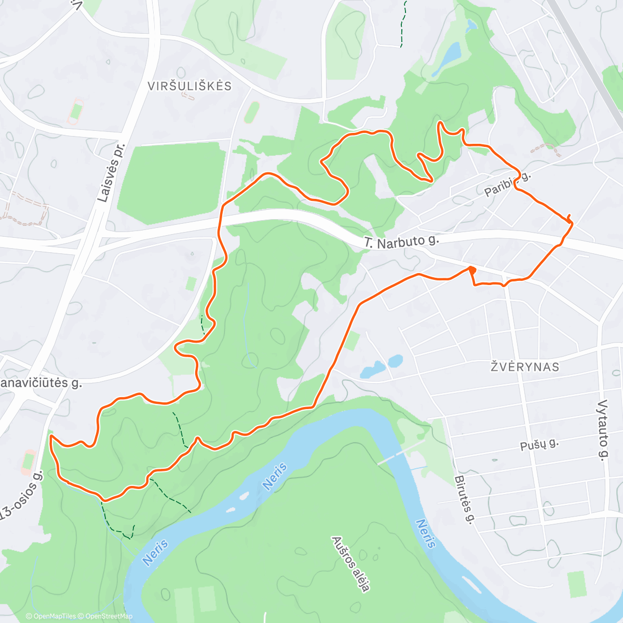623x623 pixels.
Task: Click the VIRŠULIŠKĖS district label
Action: click(189, 86)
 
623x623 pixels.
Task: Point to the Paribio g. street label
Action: click(508, 184)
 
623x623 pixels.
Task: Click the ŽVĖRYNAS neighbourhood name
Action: click(525, 367)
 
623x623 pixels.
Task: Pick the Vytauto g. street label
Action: click(602, 430)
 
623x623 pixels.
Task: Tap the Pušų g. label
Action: click(539, 444)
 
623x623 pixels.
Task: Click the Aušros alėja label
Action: click(351, 564)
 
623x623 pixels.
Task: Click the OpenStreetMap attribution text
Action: click(109, 616)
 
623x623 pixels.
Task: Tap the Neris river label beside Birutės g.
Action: click(425, 534)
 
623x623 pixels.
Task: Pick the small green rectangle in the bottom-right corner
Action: click(576, 584)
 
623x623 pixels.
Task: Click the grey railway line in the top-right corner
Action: click(587, 57)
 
